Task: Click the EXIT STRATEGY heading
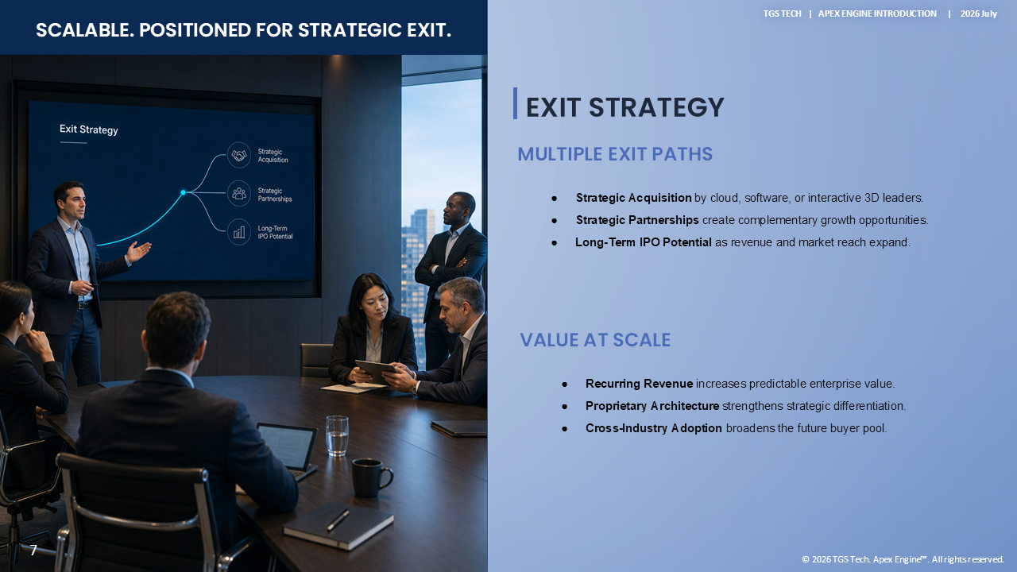(x=625, y=107)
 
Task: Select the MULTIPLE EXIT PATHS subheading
(x=615, y=154)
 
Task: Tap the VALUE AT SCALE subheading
(x=595, y=340)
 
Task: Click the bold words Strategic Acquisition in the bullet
(x=633, y=198)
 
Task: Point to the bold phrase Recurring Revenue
(x=639, y=384)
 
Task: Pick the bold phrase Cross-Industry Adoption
(x=653, y=428)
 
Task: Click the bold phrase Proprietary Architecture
(x=652, y=406)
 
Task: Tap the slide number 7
(x=33, y=551)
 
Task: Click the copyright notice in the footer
(x=903, y=559)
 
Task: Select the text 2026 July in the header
(x=978, y=14)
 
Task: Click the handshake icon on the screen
(x=239, y=155)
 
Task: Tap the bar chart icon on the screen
(x=239, y=233)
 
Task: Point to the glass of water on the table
(x=337, y=435)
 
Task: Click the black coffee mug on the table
(x=372, y=477)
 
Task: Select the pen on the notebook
(x=338, y=520)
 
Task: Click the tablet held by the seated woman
(x=376, y=372)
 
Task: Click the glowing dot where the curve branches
(x=183, y=192)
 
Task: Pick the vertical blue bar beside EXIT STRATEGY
(x=515, y=103)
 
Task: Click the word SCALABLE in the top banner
(x=85, y=30)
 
